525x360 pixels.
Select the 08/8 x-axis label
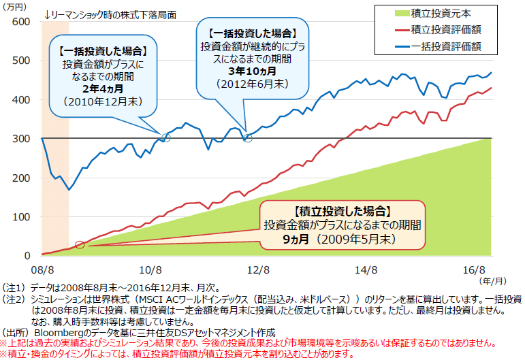coord(42,269)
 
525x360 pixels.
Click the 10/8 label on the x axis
coord(152,269)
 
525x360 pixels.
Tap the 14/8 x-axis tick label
coord(370,269)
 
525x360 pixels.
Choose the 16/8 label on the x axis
coord(479,269)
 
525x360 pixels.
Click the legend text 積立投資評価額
coord(447,30)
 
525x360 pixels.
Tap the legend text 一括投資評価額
coord(447,46)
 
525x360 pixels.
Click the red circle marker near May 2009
coord(80,245)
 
